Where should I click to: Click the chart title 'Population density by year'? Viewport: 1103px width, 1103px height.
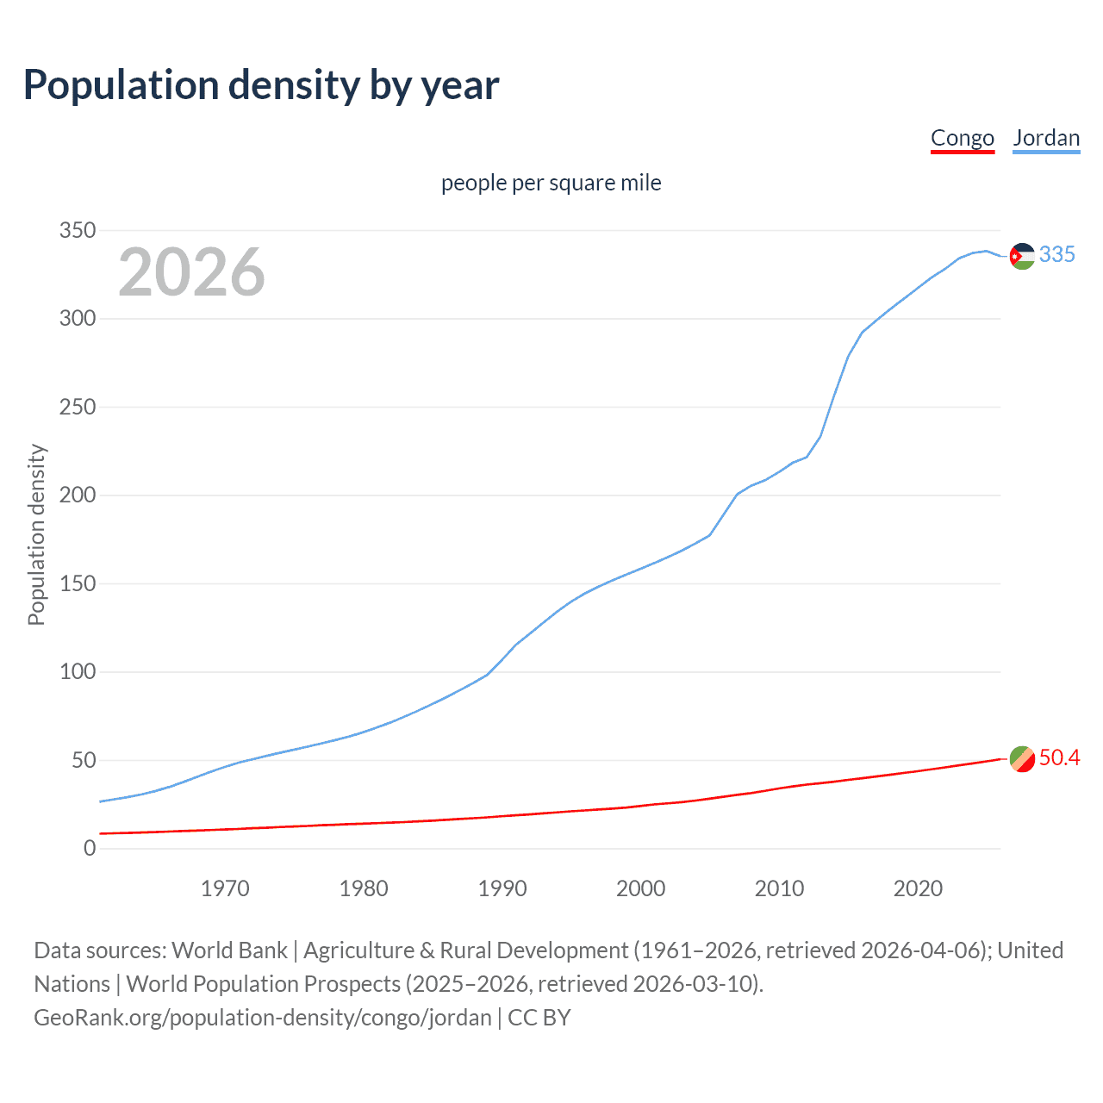coord(261,85)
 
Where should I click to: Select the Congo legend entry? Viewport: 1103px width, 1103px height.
coord(963,138)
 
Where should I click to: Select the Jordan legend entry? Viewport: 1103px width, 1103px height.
coord(1046,138)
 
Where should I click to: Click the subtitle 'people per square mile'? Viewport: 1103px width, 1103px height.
coord(551,184)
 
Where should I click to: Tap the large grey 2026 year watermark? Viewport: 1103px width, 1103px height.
coord(191,272)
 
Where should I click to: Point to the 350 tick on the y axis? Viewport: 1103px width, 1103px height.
coord(77,231)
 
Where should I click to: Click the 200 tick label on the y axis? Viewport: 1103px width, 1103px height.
coord(77,495)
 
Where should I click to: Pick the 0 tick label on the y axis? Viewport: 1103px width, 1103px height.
coord(90,849)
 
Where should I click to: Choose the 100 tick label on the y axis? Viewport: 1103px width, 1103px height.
coord(77,672)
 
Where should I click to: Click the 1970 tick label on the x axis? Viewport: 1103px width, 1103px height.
coord(225,888)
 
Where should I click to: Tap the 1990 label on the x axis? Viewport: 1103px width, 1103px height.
coord(502,888)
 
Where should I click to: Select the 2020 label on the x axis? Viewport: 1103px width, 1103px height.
coord(918,888)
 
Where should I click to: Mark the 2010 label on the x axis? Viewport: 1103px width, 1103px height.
coord(779,888)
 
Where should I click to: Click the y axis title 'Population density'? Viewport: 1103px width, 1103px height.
coord(36,534)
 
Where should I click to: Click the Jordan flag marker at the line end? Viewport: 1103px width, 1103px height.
coord(1022,256)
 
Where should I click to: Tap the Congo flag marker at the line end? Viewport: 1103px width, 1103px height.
coord(1022,759)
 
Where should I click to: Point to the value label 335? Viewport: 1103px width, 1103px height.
coord(1057,254)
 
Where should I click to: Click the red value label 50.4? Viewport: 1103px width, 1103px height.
coord(1059,757)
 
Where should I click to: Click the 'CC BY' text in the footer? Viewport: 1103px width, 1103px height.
coord(539,1018)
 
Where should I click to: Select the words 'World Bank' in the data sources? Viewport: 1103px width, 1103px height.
coord(229,950)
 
